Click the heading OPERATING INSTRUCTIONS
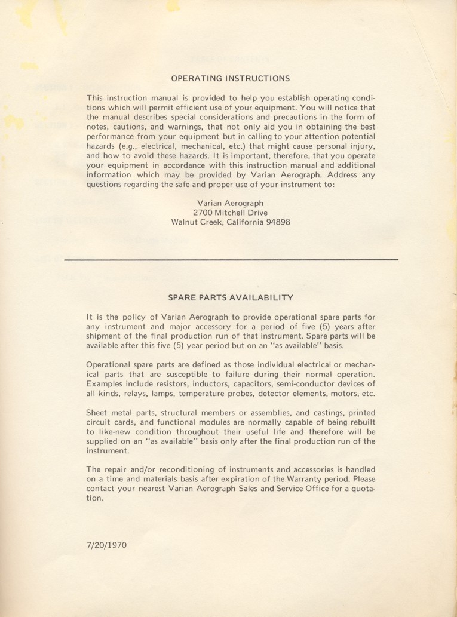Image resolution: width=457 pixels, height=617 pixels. (x=231, y=78)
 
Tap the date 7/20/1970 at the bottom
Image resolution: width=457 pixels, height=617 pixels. (x=107, y=545)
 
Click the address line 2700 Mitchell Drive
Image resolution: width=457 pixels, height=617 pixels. (x=231, y=213)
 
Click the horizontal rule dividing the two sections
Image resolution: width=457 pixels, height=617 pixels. (x=231, y=260)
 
